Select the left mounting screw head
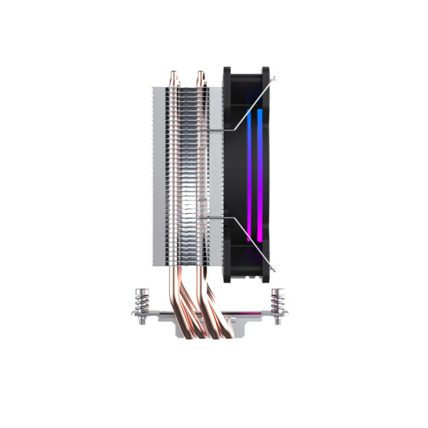pos(140,290)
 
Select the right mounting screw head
pos(276,290)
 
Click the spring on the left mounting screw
pos(140,304)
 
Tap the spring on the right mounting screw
pos(276,304)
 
